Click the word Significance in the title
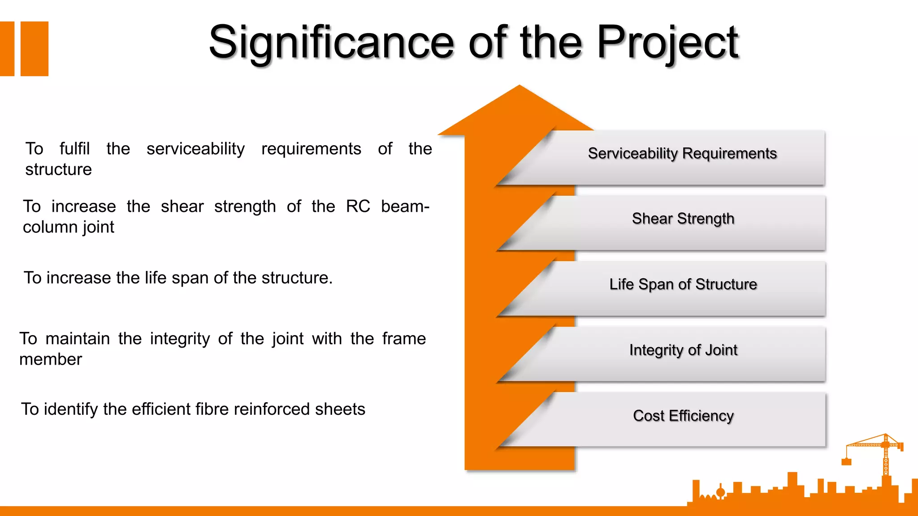[331, 43]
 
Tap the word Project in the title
[667, 43]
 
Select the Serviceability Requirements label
[682, 154]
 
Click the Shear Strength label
[683, 219]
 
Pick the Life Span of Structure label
[683, 284]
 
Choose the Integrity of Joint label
[683, 350]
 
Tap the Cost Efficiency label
[683, 416]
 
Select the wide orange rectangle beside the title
[35, 49]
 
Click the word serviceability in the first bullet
[195, 149]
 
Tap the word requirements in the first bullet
[311, 149]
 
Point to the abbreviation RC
[358, 206]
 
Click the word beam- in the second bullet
[405, 206]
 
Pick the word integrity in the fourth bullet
[180, 339]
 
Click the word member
[51, 360]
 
